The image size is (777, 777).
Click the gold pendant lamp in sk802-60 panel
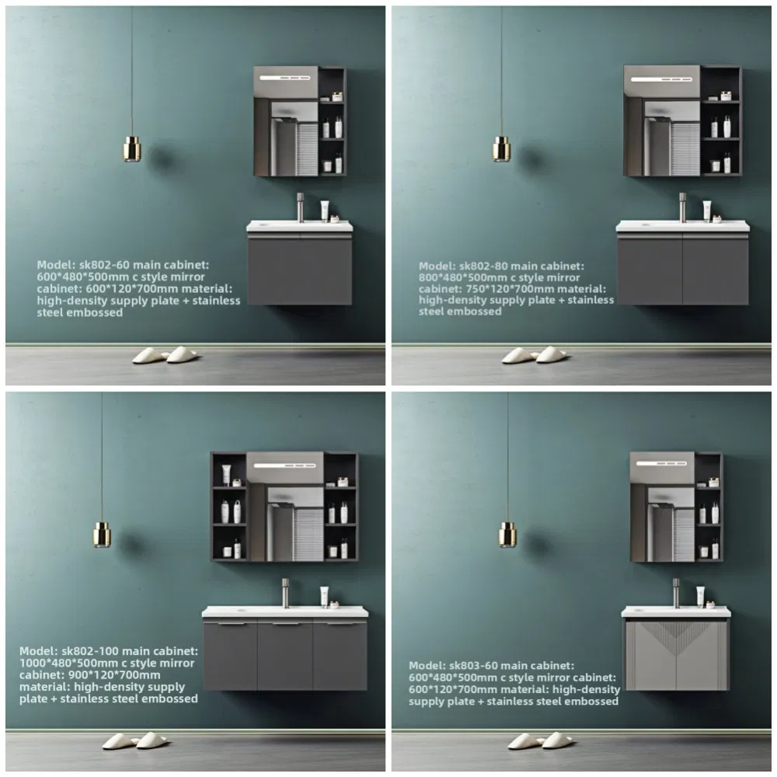pyautogui.click(x=132, y=148)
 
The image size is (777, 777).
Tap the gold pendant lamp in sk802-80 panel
pyautogui.click(x=501, y=148)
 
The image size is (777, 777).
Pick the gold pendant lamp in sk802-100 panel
pyautogui.click(x=102, y=534)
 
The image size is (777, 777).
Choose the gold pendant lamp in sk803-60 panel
pyautogui.click(x=507, y=533)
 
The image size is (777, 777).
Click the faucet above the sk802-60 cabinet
pyautogui.click(x=301, y=207)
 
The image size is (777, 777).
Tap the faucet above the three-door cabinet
pyautogui.click(x=285, y=593)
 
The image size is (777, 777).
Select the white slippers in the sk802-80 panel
pyautogui.click(x=535, y=355)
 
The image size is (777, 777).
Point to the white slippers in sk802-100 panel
pyautogui.click(x=135, y=740)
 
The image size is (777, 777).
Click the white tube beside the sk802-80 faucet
pyautogui.click(x=707, y=211)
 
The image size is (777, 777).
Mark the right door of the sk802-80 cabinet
pyautogui.click(x=716, y=269)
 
